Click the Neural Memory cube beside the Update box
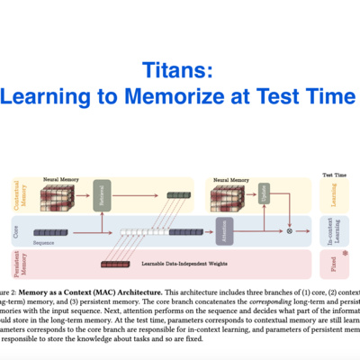(x=231, y=196)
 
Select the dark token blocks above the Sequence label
(x=50, y=232)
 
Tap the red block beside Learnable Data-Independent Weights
(x=114, y=264)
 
